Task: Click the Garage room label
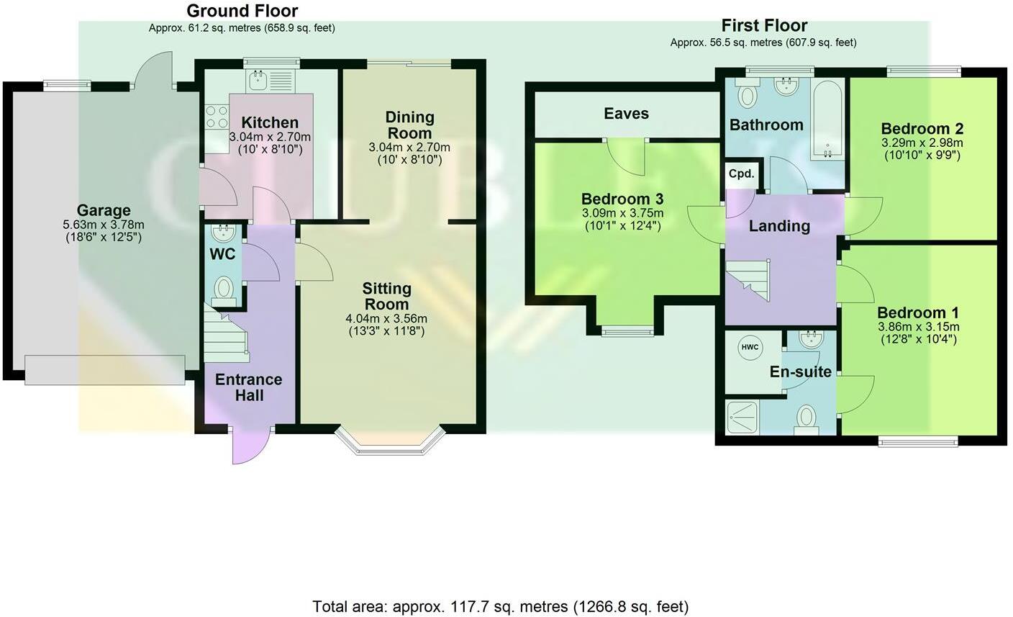(104, 210)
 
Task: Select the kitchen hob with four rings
(216, 117)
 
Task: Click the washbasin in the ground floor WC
(223, 233)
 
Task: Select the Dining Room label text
(409, 125)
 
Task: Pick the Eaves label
(626, 114)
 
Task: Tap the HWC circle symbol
(749, 347)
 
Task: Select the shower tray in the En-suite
(742, 417)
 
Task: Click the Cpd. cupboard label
(741, 174)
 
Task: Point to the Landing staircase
(748, 277)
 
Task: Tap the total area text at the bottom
(500, 606)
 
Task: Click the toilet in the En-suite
(807, 417)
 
